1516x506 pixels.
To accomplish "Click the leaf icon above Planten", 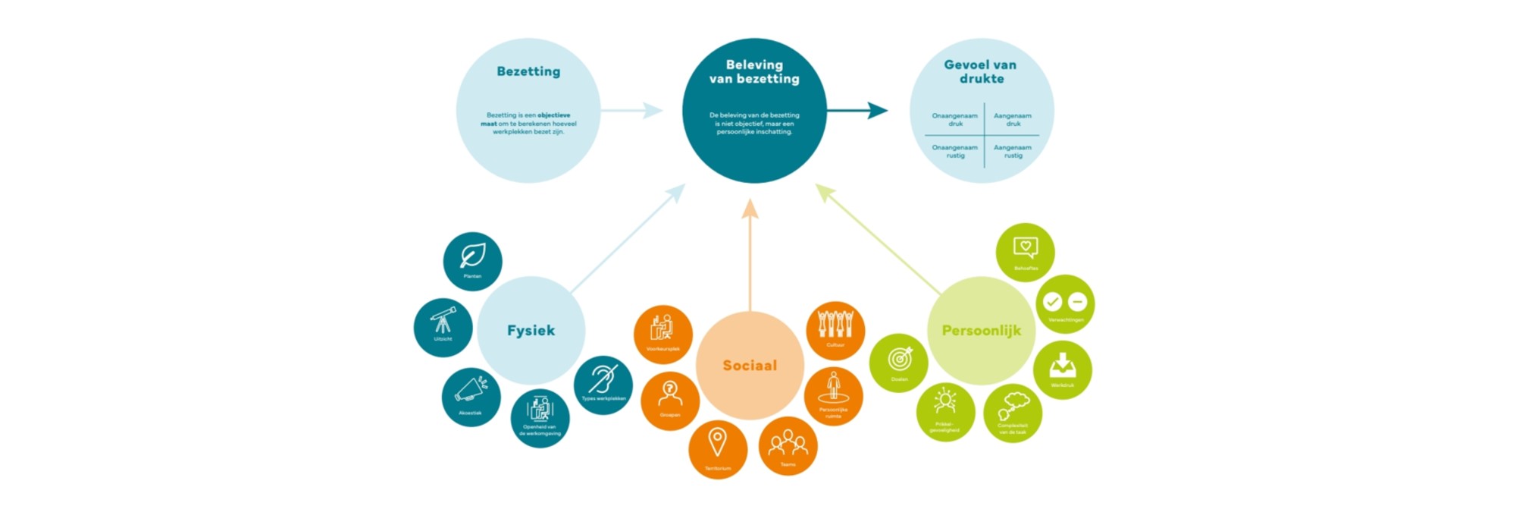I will point(473,256).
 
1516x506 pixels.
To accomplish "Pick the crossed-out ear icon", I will point(603,379).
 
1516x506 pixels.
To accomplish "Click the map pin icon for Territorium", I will point(717,442).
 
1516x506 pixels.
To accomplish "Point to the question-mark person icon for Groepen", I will point(670,393).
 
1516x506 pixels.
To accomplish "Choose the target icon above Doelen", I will point(900,358).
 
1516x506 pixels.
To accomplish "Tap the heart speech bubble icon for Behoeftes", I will point(1026,247).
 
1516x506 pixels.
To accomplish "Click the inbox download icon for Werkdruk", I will point(1063,365).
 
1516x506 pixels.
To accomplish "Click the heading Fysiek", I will point(531,331).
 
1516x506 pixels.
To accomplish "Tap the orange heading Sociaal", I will point(750,366).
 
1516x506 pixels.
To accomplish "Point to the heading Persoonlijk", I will point(982,331).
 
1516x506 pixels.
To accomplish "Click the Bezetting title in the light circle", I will point(528,71).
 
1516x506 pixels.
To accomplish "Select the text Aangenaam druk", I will point(1013,120).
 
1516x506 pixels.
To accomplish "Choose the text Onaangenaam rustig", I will point(955,152).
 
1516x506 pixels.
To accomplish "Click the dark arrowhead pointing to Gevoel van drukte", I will point(879,111).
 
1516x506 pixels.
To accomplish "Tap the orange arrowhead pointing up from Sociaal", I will point(750,209).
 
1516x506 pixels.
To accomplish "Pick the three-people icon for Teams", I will point(788,442).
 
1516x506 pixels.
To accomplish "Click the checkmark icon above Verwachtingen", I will point(1052,302).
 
